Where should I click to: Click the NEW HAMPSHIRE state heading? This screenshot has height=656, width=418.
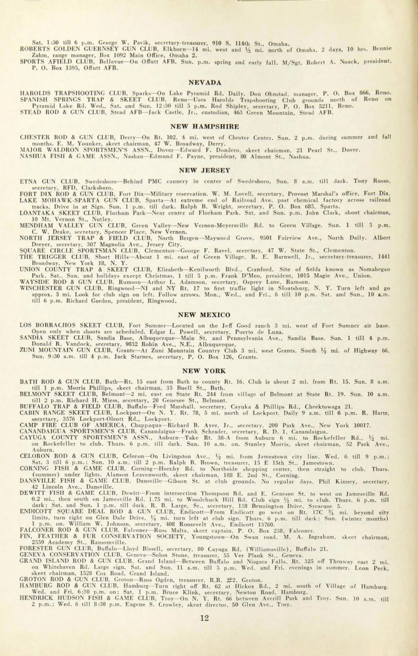204,126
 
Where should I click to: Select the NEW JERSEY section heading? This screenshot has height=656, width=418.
204,170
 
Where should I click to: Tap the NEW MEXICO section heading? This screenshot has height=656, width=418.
204,315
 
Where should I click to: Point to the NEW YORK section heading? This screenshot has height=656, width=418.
204,371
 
